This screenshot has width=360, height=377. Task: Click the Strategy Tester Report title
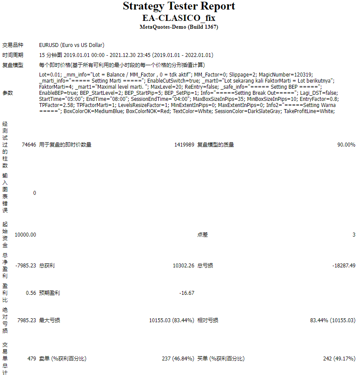click(x=179, y=7)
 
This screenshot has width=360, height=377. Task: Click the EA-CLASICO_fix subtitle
click(x=179, y=18)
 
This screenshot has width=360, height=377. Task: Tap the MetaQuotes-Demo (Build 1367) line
click(x=179, y=27)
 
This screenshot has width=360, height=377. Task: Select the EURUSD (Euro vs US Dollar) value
click(x=72, y=45)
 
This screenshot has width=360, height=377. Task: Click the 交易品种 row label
click(x=13, y=45)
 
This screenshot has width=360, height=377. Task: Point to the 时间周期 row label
click(x=13, y=55)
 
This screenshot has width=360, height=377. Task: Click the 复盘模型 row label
click(x=13, y=65)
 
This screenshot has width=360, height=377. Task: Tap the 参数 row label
click(x=8, y=93)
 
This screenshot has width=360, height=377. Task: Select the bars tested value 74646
click(x=28, y=145)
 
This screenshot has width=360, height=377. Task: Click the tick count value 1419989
click(x=184, y=145)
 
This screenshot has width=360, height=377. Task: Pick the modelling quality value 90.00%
click(x=346, y=145)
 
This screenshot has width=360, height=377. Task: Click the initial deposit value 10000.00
click(x=25, y=235)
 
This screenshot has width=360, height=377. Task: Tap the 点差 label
click(x=203, y=235)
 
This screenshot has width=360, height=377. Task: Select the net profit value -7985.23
click(x=25, y=266)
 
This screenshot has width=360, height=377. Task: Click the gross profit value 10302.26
click(x=183, y=266)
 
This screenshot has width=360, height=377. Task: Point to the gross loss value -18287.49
click(x=343, y=266)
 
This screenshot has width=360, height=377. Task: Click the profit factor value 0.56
click(x=31, y=293)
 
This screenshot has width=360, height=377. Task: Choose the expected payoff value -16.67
click(x=187, y=293)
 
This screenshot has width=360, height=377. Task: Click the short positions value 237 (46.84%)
click(x=177, y=359)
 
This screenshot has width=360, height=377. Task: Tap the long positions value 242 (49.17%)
click(x=339, y=359)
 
